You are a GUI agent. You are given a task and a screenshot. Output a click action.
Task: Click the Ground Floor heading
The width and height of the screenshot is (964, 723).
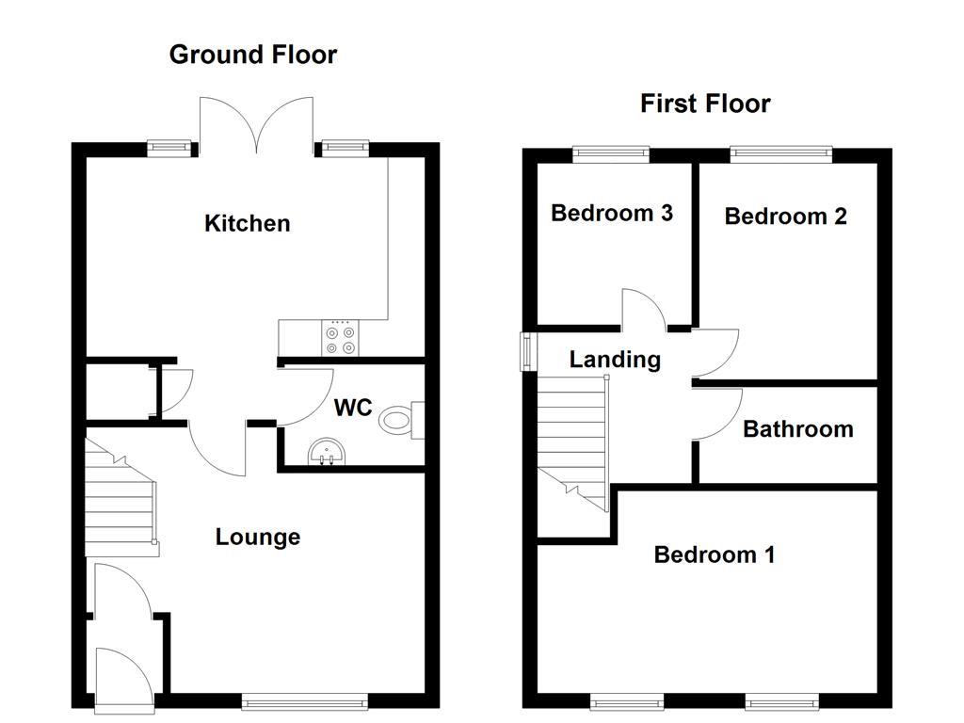pos(252,55)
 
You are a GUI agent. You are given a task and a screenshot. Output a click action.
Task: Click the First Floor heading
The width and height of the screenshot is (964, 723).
pos(705,104)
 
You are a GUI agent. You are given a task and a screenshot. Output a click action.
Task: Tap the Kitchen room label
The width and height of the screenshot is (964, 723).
pos(248,224)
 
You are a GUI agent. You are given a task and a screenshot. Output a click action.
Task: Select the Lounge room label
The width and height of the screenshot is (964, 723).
pos(258,538)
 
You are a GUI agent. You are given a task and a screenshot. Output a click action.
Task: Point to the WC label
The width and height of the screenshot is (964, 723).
pos(353,409)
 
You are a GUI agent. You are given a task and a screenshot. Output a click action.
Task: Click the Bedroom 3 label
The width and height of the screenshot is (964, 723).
pos(611,214)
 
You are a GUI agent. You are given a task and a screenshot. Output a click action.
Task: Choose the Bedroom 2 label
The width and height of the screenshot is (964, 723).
pos(785,217)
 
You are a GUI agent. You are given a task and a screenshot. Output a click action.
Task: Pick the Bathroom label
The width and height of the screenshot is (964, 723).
pos(797,429)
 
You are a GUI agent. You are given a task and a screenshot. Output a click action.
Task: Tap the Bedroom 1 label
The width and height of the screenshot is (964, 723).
pos(714,555)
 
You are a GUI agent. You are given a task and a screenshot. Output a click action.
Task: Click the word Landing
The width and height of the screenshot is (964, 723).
pos(615,360)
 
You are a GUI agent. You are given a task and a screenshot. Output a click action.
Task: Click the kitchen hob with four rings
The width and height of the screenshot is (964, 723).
pos(339,339)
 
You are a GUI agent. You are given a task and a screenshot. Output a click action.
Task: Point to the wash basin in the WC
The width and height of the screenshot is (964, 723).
pos(327,453)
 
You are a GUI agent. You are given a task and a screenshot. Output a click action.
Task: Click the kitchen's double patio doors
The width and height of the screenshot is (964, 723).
pos(256,127)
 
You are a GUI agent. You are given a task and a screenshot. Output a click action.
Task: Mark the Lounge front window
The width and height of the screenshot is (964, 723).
pos(304,701)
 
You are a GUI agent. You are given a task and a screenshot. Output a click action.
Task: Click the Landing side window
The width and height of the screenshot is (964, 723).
pos(528,352)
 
